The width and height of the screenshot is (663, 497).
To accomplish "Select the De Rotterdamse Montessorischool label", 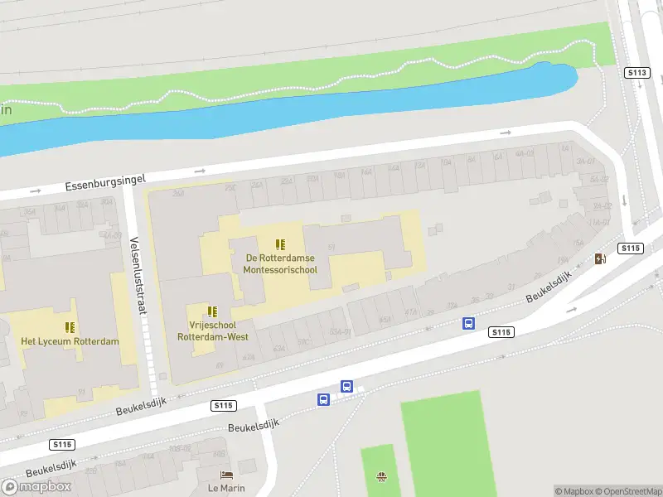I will click(x=281, y=263).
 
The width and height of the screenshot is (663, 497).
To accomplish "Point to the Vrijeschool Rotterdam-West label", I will click(x=212, y=331).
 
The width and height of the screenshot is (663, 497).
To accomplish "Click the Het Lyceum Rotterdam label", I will click(x=70, y=342).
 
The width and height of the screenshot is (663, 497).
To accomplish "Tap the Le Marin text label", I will click(x=226, y=488).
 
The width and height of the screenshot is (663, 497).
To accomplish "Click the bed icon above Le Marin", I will click(x=226, y=475).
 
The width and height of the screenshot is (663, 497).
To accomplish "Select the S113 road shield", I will click(x=636, y=73).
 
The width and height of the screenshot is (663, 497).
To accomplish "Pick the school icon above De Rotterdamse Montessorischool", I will click(x=281, y=244).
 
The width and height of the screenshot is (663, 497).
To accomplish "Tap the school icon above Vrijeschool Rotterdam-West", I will click(x=212, y=311).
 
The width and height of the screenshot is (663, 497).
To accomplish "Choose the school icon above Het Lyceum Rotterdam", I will click(x=70, y=327).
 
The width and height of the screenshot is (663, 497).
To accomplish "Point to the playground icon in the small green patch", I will click(x=381, y=476).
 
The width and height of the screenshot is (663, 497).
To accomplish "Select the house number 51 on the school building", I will click(x=331, y=247).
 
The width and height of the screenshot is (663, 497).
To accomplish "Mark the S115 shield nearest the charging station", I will click(x=631, y=248).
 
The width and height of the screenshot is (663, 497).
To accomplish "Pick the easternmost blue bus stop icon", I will click(x=468, y=324).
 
